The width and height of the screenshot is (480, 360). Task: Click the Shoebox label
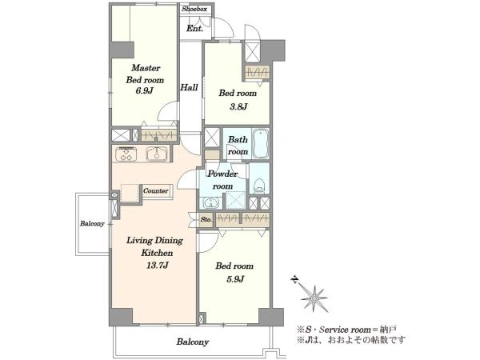pyautogui.click(x=194, y=9)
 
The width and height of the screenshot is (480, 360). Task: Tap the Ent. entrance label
pyautogui.click(x=194, y=29)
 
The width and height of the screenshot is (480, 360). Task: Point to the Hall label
pyautogui.click(x=189, y=87)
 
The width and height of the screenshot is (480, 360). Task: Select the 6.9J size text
pyautogui.click(x=145, y=90)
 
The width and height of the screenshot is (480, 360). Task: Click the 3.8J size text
pyautogui.click(x=238, y=106)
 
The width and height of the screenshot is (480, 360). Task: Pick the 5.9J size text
pyautogui.click(x=234, y=279)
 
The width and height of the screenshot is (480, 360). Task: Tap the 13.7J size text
pyautogui.click(x=158, y=265)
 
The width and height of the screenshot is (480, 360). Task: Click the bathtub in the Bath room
pyautogui.click(x=261, y=143)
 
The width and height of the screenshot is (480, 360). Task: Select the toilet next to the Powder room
pyautogui.click(x=259, y=186)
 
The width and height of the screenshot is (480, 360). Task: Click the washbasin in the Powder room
pyautogui.click(x=210, y=202)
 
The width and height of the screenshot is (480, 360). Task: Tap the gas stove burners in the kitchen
pyautogui.click(x=127, y=154)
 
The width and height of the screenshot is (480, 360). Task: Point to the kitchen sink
pyautogui.click(x=157, y=154)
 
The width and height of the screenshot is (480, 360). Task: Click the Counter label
pyautogui.click(x=155, y=190)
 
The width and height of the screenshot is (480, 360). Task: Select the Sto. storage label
pyautogui.click(x=206, y=219)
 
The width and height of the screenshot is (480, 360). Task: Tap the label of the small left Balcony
pyautogui.click(x=92, y=223)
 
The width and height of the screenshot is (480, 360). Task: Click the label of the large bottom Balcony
pyautogui.click(x=193, y=342)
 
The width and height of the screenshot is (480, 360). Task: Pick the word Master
pyautogui.click(x=146, y=68)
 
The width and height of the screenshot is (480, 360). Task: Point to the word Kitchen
pyautogui.click(x=157, y=253)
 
